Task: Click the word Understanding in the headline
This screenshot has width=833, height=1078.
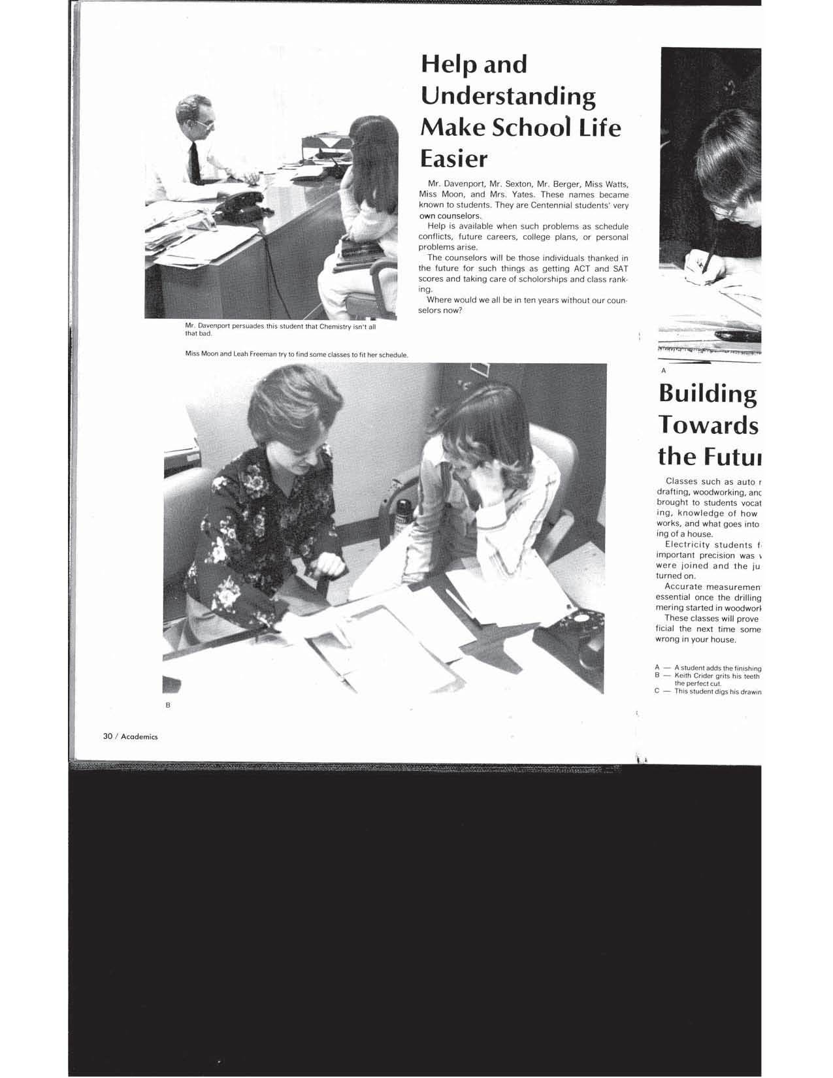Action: point(508,97)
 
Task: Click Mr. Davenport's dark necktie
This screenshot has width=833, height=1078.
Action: point(195,163)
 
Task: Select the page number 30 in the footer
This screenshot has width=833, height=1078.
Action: point(108,736)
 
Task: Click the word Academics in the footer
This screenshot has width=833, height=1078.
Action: point(139,736)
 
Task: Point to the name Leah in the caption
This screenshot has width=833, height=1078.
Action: point(240,355)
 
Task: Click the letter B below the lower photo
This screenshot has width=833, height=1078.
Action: point(168,705)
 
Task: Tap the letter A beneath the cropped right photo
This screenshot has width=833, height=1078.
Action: point(663,370)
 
